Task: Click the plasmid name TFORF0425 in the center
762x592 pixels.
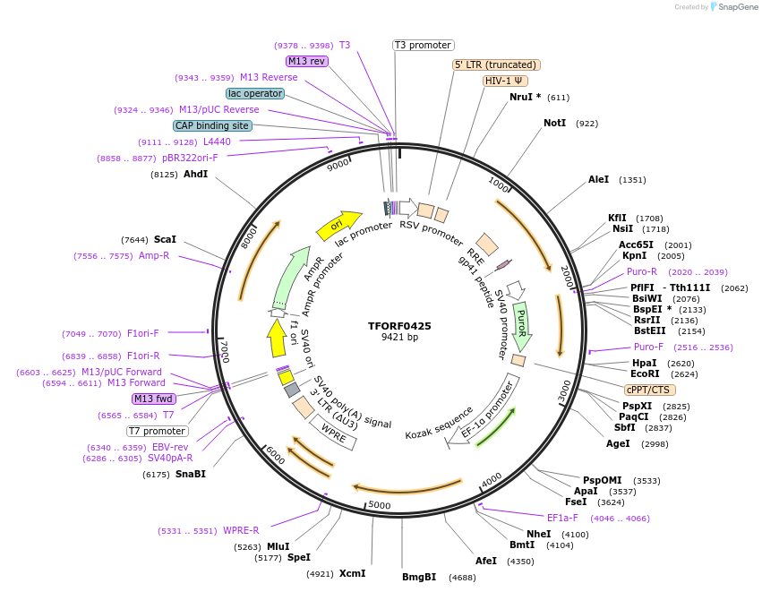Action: point(399,326)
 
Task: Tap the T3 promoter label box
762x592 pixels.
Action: point(424,45)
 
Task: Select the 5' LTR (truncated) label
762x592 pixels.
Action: point(496,64)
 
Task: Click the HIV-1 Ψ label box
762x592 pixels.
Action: point(505,81)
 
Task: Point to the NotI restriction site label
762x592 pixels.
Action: point(554,123)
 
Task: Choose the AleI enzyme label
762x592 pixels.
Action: point(598,179)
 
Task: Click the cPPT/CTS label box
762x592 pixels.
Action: point(650,390)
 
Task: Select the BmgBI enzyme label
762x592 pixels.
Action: point(419,577)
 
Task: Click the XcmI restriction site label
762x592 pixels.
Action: point(352,573)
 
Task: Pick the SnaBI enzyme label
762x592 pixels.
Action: point(190,474)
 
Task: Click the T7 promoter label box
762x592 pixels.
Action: point(157,431)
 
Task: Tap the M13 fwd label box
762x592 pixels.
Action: point(153,399)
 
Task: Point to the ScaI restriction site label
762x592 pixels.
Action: point(165,239)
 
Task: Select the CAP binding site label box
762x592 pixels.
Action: point(212,126)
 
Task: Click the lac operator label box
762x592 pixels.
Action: point(255,93)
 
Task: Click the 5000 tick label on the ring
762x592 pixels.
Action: point(381,505)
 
